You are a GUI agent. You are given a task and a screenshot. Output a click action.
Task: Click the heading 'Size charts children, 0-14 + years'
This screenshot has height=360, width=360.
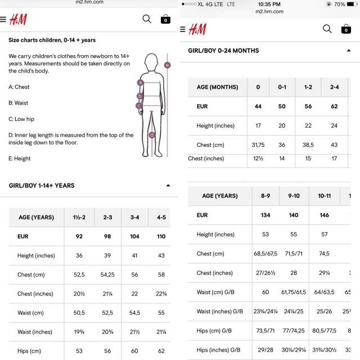coord(52,40)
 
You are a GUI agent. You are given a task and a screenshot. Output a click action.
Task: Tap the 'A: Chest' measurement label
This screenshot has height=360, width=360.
coord(19,87)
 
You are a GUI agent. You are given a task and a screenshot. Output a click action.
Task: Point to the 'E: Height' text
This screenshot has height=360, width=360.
coord(20,159)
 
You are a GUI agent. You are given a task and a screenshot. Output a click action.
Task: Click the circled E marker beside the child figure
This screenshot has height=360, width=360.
coord(167,65)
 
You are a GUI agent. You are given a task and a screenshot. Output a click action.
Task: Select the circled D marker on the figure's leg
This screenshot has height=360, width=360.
coord(152,134)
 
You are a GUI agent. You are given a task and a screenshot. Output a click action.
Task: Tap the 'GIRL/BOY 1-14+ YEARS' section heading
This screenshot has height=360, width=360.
coord(42,186)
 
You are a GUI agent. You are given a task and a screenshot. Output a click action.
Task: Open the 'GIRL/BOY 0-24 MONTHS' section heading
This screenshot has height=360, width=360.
coord(223,51)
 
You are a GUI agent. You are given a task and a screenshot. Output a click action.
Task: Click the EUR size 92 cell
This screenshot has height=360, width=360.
coord(79,237)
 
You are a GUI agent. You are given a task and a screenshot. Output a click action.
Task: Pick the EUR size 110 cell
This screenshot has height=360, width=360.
coord(161,237)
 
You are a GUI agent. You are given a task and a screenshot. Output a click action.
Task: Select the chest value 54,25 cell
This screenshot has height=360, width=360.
coord(107,274)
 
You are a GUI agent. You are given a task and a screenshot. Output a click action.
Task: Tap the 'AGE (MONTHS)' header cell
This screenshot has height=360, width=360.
coord(217,87)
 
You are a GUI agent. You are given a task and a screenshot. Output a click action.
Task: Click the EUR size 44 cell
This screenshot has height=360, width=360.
coord(258,106)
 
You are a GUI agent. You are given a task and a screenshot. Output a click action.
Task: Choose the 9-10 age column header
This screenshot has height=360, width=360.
coord(294,196)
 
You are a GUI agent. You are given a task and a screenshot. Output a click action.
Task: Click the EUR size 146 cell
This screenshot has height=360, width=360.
coord(324,215)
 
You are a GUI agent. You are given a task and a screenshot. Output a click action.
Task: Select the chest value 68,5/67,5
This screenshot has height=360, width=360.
coord(265,254)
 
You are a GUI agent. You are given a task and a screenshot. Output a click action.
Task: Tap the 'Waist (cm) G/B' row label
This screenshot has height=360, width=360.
coord(220,292)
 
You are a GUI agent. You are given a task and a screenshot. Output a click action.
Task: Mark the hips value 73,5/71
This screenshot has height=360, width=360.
coord(265,331)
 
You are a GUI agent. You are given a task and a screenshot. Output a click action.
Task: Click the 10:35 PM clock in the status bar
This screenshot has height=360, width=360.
coord(269,4)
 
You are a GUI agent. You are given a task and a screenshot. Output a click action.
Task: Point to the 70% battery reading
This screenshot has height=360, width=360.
coord(339,4)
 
